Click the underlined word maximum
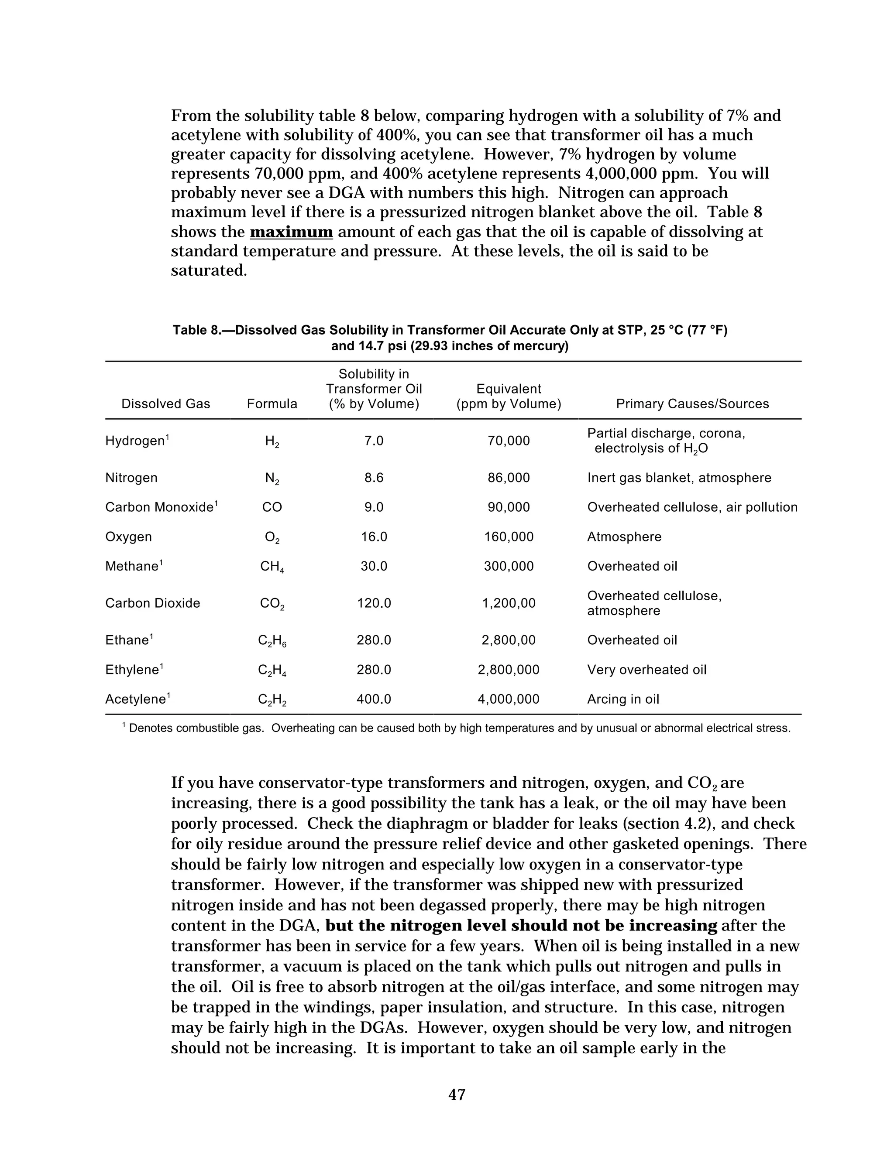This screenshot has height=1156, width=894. (x=291, y=232)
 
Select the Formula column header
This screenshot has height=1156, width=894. (x=272, y=404)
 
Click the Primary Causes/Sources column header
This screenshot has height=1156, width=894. (x=692, y=404)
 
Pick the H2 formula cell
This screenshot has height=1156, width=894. (x=272, y=441)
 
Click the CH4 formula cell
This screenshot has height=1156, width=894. (x=272, y=567)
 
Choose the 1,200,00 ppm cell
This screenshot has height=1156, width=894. (x=509, y=603)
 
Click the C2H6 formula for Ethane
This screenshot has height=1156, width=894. (x=272, y=641)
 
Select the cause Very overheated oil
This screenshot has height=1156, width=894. (x=646, y=670)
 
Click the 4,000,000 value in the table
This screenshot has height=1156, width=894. (x=509, y=699)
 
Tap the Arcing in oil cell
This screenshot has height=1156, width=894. (x=623, y=699)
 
